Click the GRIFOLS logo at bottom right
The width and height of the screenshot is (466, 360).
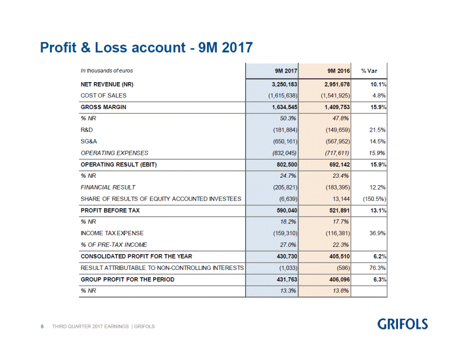point(402,324)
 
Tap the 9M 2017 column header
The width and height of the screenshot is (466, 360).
point(286,71)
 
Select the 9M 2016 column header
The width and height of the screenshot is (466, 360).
point(338,71)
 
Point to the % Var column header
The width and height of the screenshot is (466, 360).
point(369,71)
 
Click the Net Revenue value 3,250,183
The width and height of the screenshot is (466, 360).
point(284,84)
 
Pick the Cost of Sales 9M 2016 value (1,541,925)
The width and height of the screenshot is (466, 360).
point(335,96)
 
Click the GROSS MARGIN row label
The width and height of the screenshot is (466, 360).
point(104,107)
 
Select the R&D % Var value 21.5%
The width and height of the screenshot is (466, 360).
point(378,130)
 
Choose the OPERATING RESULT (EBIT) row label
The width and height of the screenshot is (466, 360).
point(119,165)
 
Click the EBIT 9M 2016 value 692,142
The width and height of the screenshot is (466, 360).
point(339,165)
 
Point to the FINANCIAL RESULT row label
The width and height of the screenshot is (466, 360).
point(108,187)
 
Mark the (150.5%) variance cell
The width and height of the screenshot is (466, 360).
point(374,199)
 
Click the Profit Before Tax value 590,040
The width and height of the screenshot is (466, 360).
point(287,210)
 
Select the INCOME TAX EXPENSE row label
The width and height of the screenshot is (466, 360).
point(112,233)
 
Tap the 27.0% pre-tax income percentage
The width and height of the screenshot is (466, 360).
point(288,245)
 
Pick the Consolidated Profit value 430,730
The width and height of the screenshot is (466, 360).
point(287,256)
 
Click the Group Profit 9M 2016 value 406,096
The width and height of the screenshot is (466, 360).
point(339,280)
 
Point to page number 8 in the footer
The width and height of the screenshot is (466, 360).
point(42,326)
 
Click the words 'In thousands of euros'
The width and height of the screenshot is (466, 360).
point(107,71)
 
